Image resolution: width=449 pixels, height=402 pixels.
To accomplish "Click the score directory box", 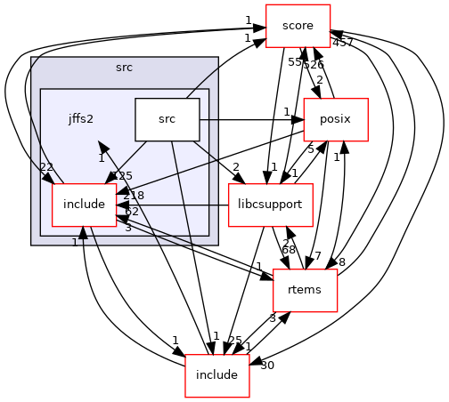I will [x=298, y=26].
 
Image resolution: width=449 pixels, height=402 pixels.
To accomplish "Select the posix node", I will [x=337, y=119].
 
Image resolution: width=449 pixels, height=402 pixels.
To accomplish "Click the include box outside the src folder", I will [x=216, y=374].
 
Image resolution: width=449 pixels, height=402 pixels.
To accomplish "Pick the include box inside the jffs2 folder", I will [x=84, y=205].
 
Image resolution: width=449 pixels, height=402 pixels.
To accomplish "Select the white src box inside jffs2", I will [x=167, y=119].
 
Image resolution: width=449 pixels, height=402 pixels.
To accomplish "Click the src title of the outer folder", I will [x=124, y=68].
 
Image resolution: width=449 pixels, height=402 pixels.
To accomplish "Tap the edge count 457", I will [x=343, y=43].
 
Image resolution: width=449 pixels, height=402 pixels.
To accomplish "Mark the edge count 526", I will [x=313, y=65].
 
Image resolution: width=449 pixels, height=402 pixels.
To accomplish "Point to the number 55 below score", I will [x=294, y=61].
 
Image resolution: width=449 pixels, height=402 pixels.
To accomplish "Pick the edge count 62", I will [x=130, y=212].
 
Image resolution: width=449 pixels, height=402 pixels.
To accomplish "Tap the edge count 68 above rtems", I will [x=289, y=250].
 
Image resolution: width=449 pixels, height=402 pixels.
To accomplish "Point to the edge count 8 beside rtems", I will [x=341, y=261].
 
